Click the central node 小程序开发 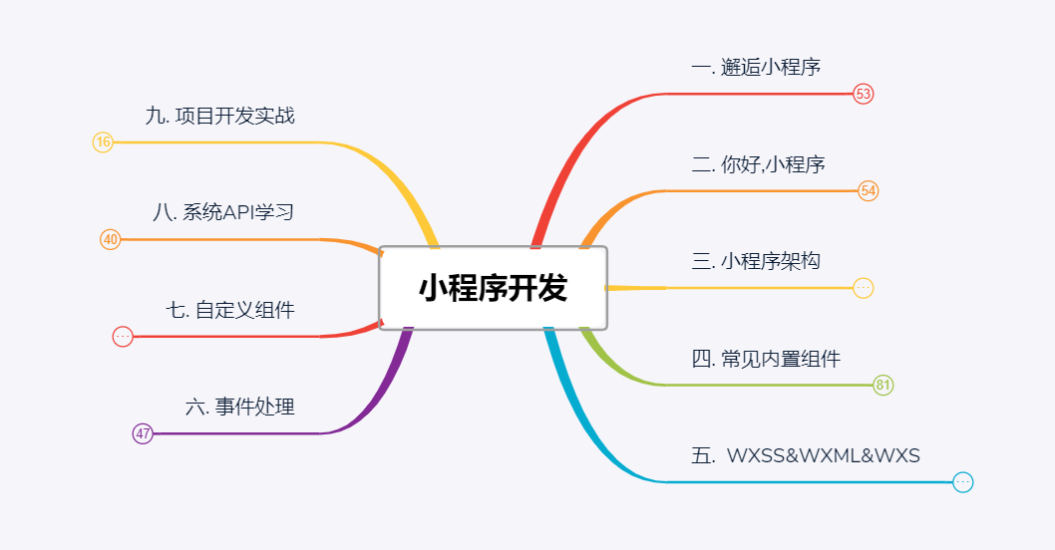(x=493, y=288)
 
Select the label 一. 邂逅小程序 (x=756, y=67)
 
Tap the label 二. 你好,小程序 (x=758, y=164)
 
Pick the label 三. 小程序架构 (x=756, y=261)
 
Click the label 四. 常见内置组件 (x=766, y=359)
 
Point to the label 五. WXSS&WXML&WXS (x=806, y=456)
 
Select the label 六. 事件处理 (x=240, y=407)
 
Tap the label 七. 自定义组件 (x=230, y=310)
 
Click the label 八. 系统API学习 (x=223, y=212)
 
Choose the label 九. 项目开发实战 (x=219, y=116)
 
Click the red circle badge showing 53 (x=864, y=94)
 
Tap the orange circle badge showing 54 (x=869, y=190)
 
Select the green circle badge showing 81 (x=883, y=386)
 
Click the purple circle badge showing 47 (x=143, y=433)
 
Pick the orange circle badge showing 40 (x=111, y=239)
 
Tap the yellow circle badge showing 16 (x=103, y=142)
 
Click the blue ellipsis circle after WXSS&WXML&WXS (x=962, y=482)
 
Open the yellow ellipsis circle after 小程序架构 (x=864, y=288)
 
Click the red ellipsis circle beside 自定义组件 (x=123, y=337)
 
